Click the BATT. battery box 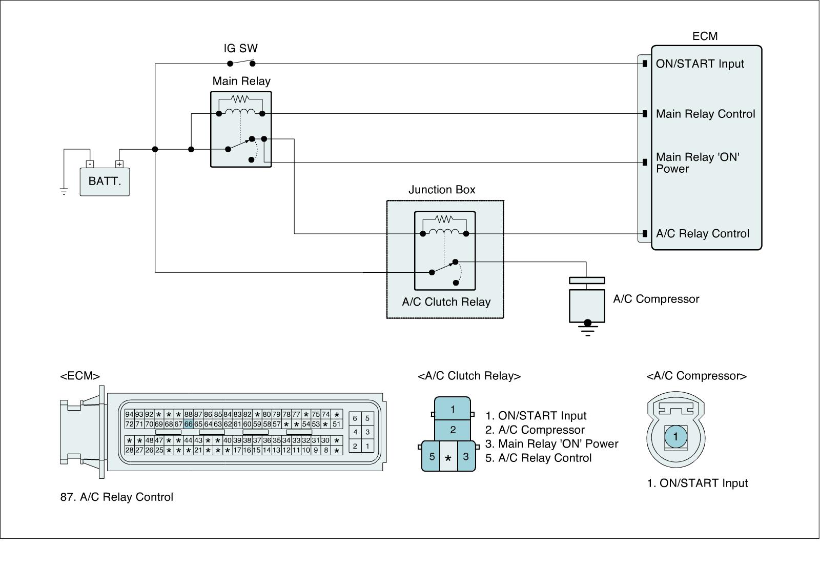point(105,181)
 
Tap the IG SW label point(240,49)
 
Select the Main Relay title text point(241,82)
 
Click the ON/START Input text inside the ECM point(700,64)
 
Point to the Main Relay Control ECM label point(706,114)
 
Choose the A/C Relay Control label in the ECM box point(703,234)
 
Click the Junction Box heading point(442,190)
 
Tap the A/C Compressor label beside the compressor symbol point(656,299)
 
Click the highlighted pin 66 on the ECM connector point(189,424)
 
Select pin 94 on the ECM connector point(129,414)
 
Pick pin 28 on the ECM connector point(129,450)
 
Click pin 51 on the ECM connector point(336,424)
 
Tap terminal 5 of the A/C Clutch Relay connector point(432,456)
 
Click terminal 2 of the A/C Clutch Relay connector point(453,430)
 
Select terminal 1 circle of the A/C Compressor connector point(675,437)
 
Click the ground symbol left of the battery point(64,192)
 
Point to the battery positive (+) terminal point(119,164)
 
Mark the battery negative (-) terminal point(90,164)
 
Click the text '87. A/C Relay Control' point(117,497)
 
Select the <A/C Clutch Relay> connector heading point(469,376)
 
